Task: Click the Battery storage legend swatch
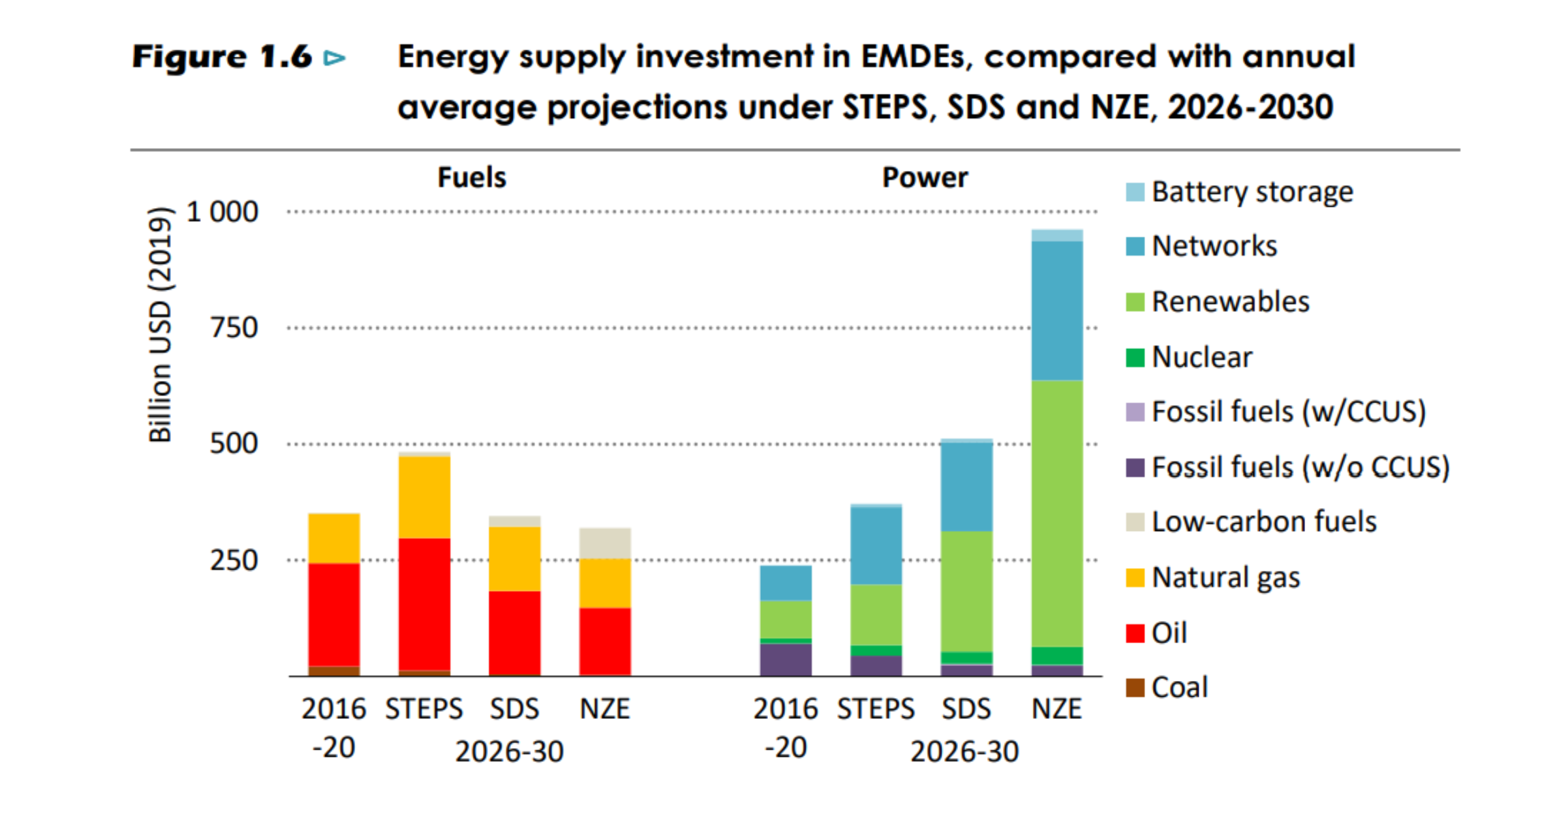coord(1135,192)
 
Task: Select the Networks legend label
coord(1214,247)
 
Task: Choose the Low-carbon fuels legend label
coord(1264,522)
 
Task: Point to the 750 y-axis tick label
coord(234,327)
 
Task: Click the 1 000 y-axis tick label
coord(222,212)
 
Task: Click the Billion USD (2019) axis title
coord(161,325)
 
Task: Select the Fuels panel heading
coord(472,177)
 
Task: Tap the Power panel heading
coord(925,177)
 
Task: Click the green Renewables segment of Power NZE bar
coord(1057,513)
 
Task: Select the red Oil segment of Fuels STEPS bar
coord(424,603)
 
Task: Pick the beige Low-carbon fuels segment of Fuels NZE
coord(605,543)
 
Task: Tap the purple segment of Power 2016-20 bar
coord(786,659)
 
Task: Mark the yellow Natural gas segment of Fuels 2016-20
coord(333,539)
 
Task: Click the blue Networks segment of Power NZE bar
coord(1057,311)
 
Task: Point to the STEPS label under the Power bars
coord(876,709)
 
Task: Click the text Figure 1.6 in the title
coord(222,57)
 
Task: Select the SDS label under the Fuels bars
coord(514,709)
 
